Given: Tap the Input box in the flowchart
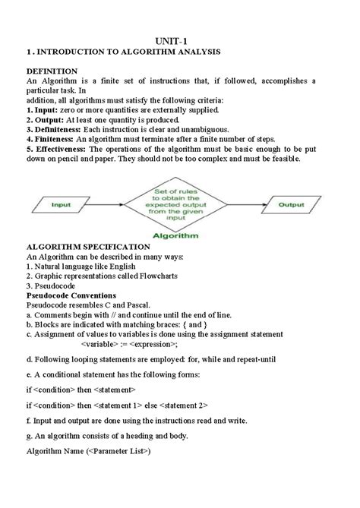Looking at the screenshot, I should coord(61,205).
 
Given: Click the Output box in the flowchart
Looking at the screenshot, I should coord(291,205).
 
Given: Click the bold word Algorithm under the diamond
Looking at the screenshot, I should coord(175,236).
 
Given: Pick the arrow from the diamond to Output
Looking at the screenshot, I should coord(245,205).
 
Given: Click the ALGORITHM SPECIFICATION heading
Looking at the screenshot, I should coord(88,247).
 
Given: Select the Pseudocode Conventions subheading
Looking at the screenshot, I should coord(71,295).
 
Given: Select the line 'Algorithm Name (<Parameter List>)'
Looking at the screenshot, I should coord(89,452).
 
